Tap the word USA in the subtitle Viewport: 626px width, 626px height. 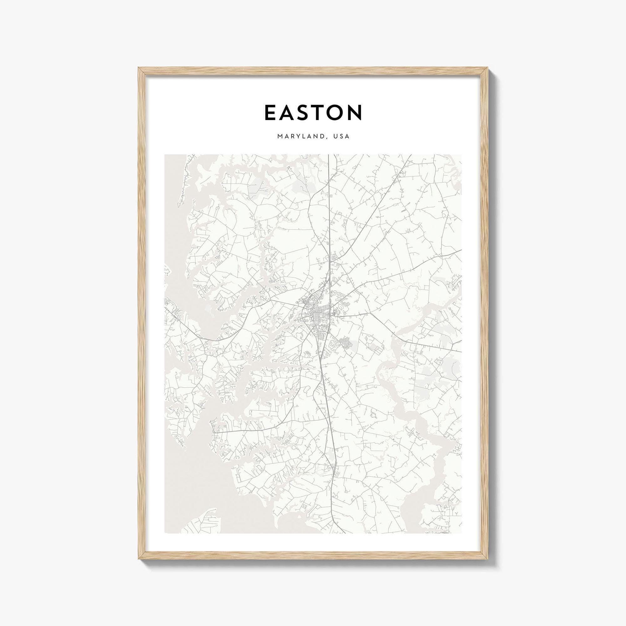point(342,136)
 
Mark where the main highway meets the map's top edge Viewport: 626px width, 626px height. point(329,155)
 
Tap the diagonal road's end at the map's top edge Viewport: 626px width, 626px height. point(411,155)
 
